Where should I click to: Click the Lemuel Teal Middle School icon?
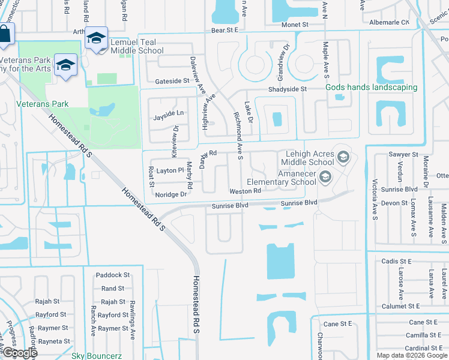pyautogui.click(x=96, y=37)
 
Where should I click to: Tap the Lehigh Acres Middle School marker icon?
pyautogui.click(x=343, y=157)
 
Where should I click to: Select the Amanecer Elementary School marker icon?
pyautogui.click(x=325, y=176)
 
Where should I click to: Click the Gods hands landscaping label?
pyautogui.click(x=371, y=87)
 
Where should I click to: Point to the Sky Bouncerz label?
pyautogui.click(x=97, y=356)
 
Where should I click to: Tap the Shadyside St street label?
pyautogui.click(x=288, y=89)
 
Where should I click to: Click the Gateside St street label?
pyautogui.click(x=172, y=81)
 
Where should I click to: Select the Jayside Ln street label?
pyautogui.click(x=168, y=113)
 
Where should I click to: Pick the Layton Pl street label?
pyautogui.click(x=166, y=170)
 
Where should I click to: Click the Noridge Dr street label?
pyautogui.click(x=171, y=194)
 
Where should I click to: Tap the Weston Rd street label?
pyautogui.click(x=244, y=191)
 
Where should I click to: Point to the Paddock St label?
pyautogui.click(x=113, y=275)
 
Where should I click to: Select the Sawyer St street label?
pyautogui.click(x=403, y=154)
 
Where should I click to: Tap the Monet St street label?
pyautogui.click(x=295, y=25)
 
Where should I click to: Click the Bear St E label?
pyautogui.click(x=224, y=29)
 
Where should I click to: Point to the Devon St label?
pyautogui.click(x=394, y=203)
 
